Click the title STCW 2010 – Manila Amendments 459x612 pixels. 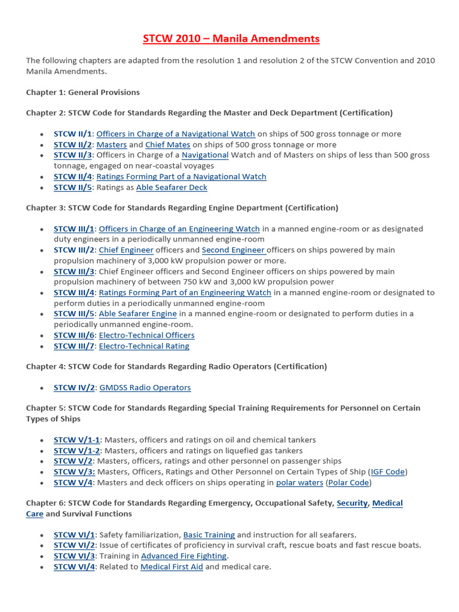coord(231,39)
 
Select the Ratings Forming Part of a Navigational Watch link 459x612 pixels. coord(181,176)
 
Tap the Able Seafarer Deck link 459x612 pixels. coord(172,187)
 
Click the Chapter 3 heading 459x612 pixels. coord(182,208)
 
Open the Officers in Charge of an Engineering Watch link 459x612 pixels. coord(179,229)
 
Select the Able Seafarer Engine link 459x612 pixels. coord(137,314)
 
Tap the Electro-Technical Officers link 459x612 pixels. coord(146,335)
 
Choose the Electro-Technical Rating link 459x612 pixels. coord(143,346)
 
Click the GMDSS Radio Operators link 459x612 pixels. coord(145,388)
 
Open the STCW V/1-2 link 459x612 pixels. coord(77,451)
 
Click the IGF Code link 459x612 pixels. coord(388,472)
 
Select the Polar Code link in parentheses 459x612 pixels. coord(350,483)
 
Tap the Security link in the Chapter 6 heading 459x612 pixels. coord(352,503)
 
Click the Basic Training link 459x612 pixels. coord(209,535)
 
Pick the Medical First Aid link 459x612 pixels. coord(172,567)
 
